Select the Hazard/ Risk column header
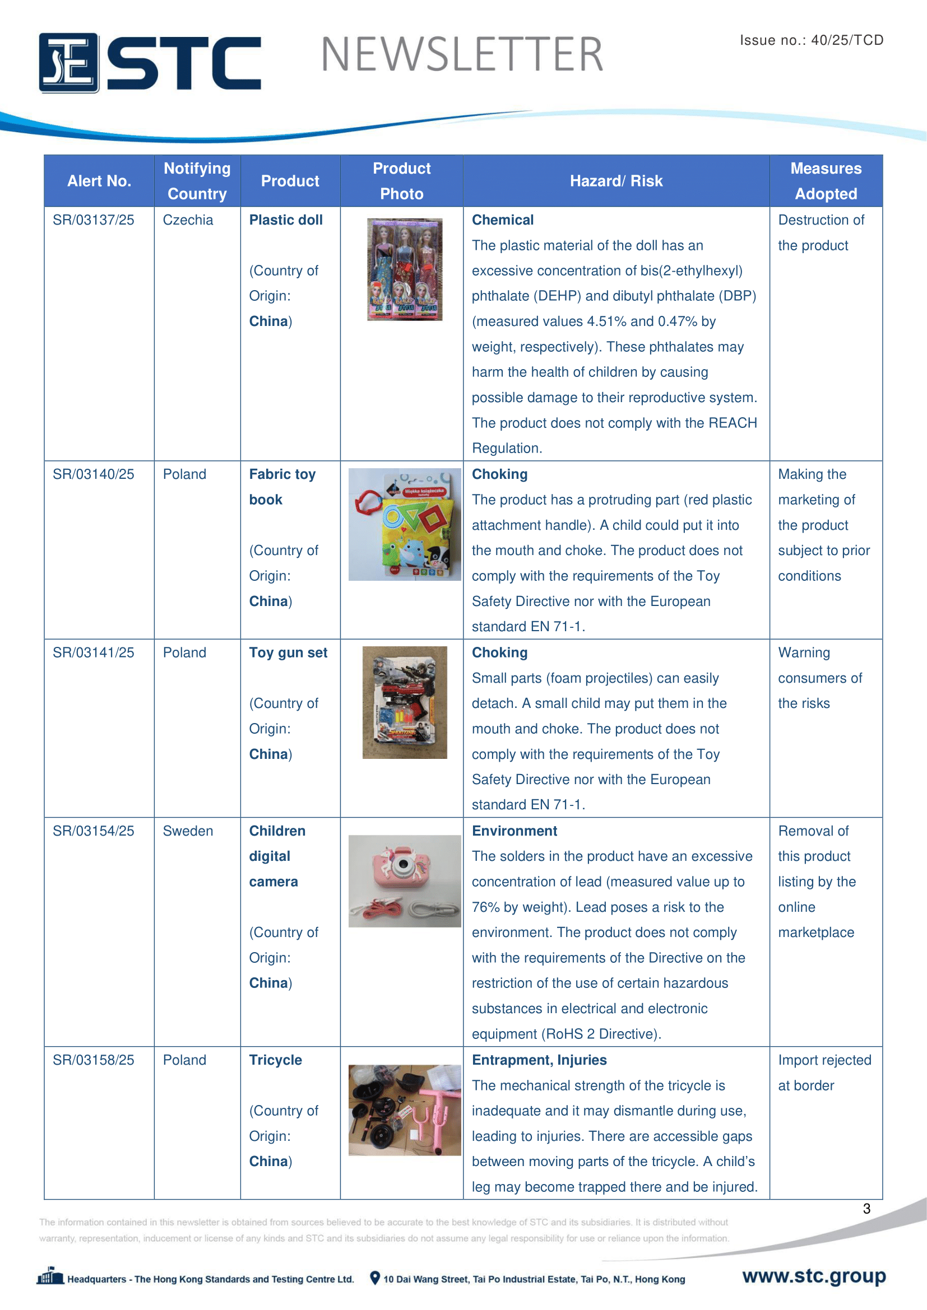[x=616, y=181]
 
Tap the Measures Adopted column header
[x=826, y=181]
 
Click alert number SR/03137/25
[x=94, y=220]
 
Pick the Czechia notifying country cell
[x=188, y=220]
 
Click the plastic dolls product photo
[x=404, y=269]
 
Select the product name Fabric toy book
[x=282, y=487]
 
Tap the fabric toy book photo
[x=404, y=524]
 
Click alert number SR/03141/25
[x=94, y=652]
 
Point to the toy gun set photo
[x=404, y=702]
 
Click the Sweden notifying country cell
[x=188, y=831]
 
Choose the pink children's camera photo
[x=404, y=881]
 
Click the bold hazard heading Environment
[x=515, y=831]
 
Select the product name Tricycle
[x=276, y=1060]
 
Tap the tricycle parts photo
[x=404, y=1109]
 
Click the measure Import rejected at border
[x=824, y=1073]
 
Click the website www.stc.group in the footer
[x=814, y=1276]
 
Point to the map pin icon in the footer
[x=375, y=1278]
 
